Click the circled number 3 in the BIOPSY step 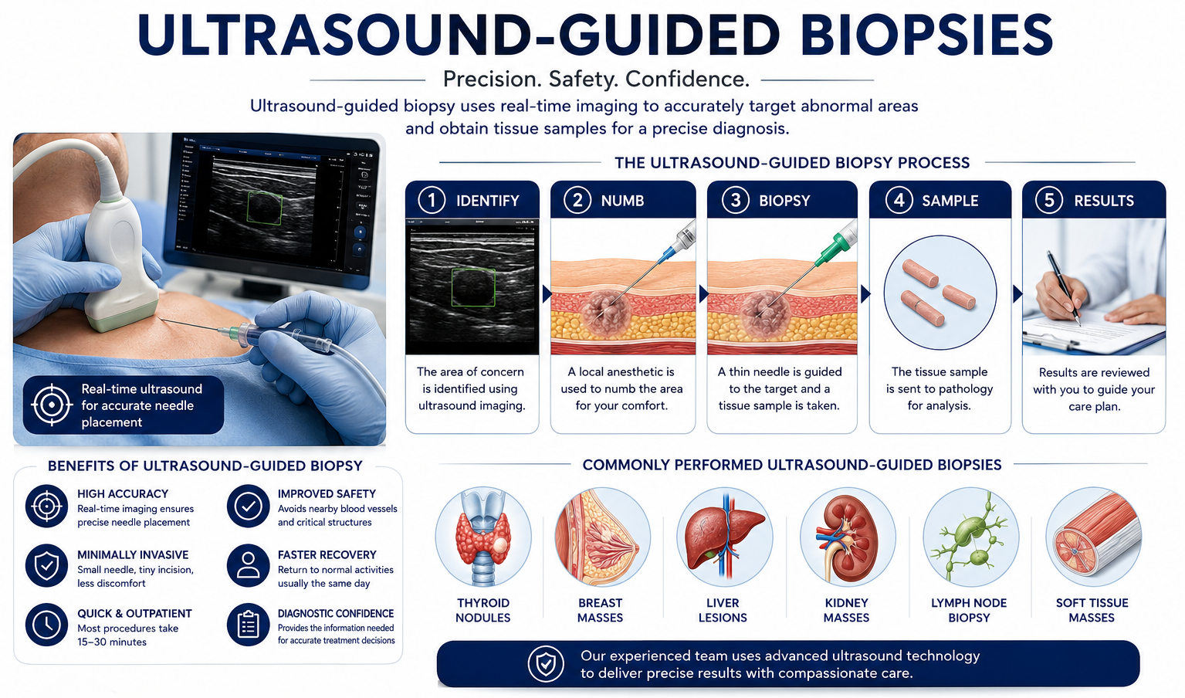(736, 201)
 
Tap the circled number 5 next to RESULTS (1049, 201)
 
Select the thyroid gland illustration (483, 537)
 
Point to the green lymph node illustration (970, 537)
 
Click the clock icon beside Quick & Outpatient (46, 625)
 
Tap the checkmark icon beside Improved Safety (248, 507)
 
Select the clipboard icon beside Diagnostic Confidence (248, 625)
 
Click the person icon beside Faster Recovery (248, 566)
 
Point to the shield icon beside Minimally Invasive (46, 566)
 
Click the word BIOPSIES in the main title (926, 35)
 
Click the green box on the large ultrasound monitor (265, 208)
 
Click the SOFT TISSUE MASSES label (1092, 610)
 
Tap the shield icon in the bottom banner (546, 663)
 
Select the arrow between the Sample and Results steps (1017, 293)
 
